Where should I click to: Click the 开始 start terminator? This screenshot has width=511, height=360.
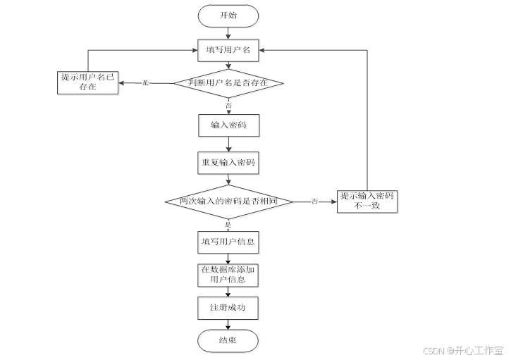click(x=228, y=15)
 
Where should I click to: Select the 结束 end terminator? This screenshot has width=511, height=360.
click(x=228, y=341)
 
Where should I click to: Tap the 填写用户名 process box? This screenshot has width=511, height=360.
click(x=228, y=50)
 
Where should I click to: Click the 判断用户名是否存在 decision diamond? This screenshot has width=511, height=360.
click(x=228, y=83)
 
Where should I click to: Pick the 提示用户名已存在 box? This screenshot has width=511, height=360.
click(x=87, y=83)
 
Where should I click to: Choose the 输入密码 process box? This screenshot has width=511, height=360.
click(x=228, y=125)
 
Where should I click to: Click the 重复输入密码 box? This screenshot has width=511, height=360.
click(x=228, y=163)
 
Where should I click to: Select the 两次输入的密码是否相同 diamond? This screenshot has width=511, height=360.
click(x=228, y=201)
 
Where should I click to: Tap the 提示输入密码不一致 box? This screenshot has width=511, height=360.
click(x=367, y=201)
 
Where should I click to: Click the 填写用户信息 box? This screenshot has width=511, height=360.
click(x=228, y=242)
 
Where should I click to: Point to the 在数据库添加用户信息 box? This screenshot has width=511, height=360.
click(x=228, y=275)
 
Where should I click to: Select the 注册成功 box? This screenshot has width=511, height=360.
click(x=228, y=308)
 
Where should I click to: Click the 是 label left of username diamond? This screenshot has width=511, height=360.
click(x=147, y=83)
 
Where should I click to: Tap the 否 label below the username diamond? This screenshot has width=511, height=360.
click(x=228, y=104)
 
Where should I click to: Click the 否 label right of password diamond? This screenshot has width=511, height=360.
click(x=314, y=201)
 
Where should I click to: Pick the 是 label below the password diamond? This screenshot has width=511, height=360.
click(x=228, y=224)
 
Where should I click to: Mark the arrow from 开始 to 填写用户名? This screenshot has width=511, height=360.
click(x=228, y=32)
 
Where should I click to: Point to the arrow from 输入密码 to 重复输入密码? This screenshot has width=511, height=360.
click(x=228, y=144)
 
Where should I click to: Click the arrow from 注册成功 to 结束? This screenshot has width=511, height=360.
click(x=228, y=324)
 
